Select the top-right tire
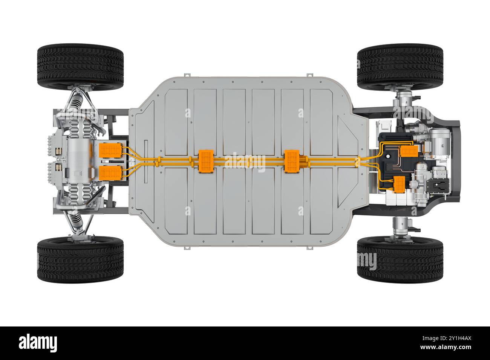pos(400,66)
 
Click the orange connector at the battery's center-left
pos(206,161)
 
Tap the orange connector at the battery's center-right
pos(292,161)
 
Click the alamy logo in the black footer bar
pos(38,343)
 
